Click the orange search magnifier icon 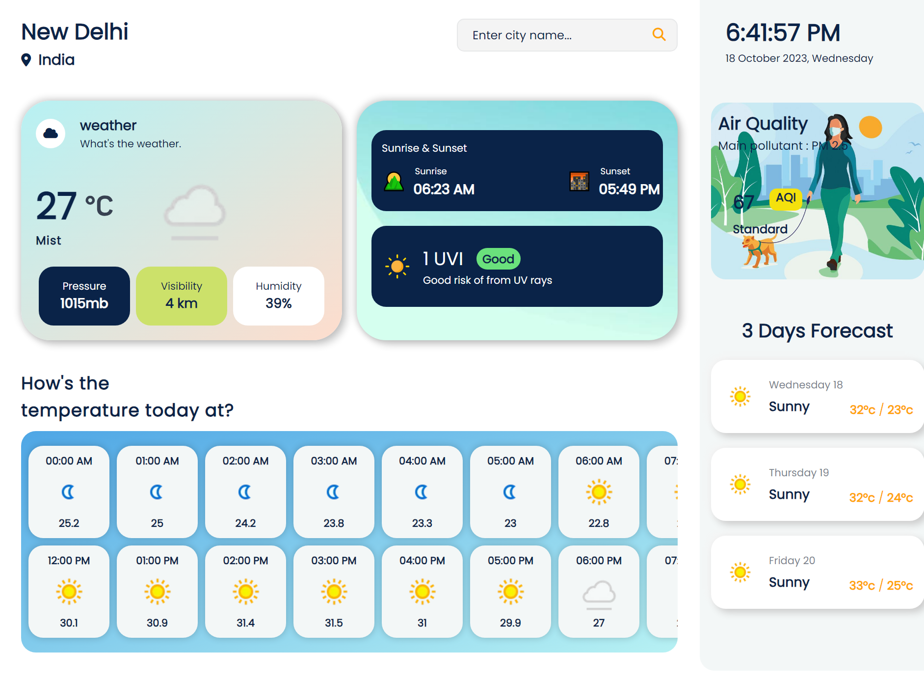pyautogui.click(x=659, y=34)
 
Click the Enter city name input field pyautogui.click(x=550, y=35)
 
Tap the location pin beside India pyautogui.click(x=26, y=60)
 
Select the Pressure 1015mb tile pyautogui.click(x=84, y=296)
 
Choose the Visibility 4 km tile pyautogui.click(x=182, y=296)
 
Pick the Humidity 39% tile pyautogui.click(x=279, y=296)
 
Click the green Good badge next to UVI pyautogui.click(x=498, y=259)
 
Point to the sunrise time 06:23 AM pyautogui.click(x=444, y=189)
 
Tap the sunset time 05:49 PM pyautogui.click(x=629, y=189)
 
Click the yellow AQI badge pyautogui.click(x=786, y=198)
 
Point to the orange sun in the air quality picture pyautogui.click(x=871, y=127)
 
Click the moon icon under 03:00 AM pyautogui.click(x=333, y=492)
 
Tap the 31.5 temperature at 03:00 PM pyautogui.click(x=334, y=623)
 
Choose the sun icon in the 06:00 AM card pyautogui.click(x=599, y=492)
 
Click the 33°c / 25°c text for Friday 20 pyautogui.click(x=881, y=585)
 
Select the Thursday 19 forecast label pyautogui.click(x=798, y=472)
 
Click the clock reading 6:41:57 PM pyautogui.click(x=783, y=33)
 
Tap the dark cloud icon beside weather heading pyautogui.click(x=51, y=133)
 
